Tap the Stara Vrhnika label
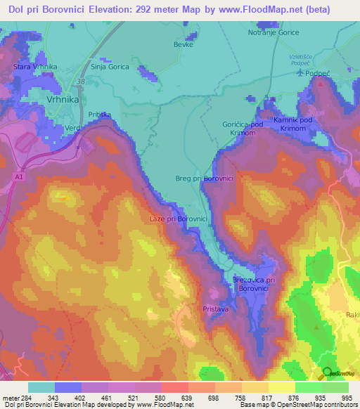(34, 67)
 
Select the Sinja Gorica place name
(110, 67)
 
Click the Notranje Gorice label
(274, 32)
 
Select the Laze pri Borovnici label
(178, 219)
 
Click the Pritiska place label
(101, 114)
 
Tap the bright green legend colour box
(308, 387)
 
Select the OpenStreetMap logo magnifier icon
(327, 372)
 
